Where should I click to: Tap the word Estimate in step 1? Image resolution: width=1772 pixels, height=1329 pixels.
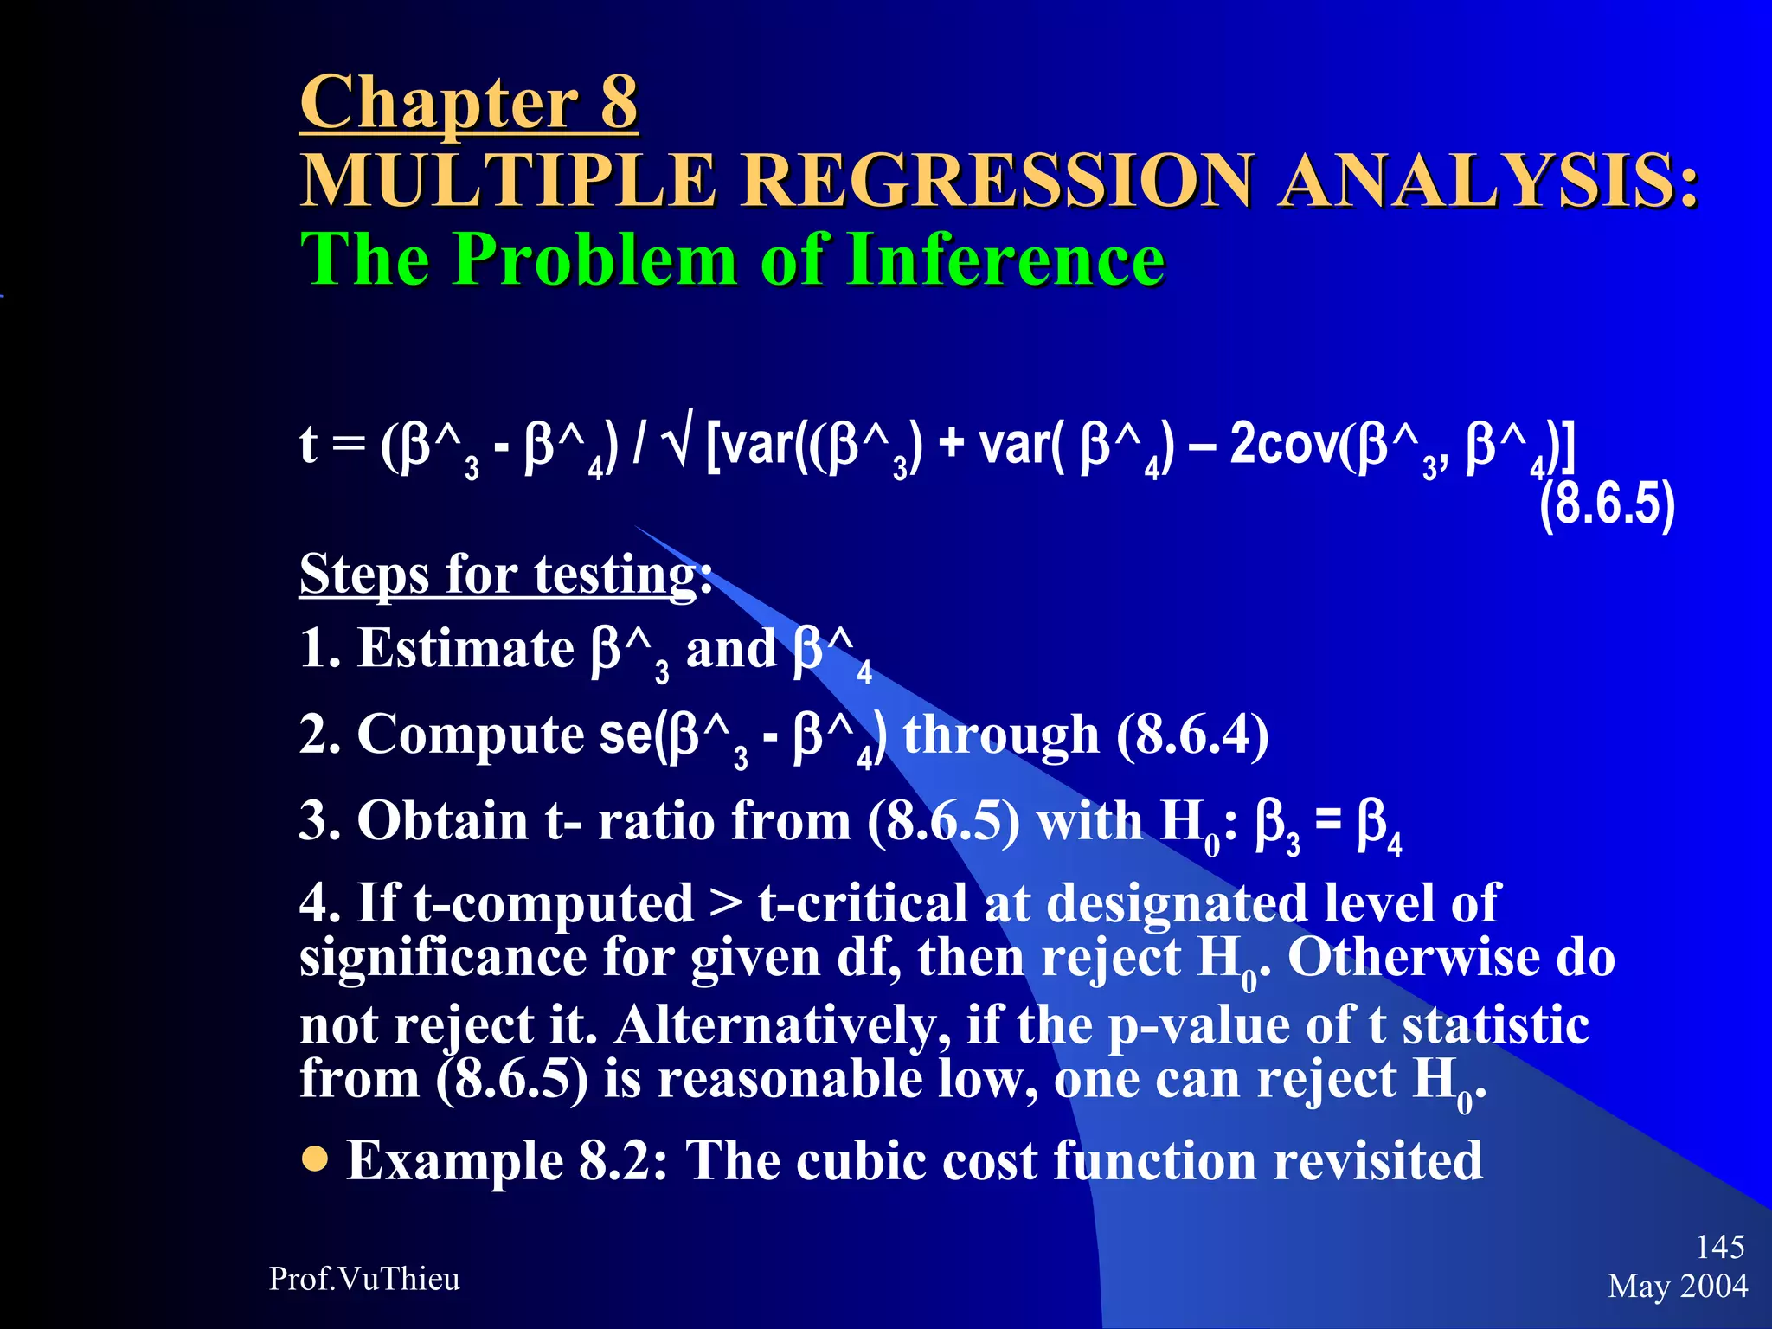(465, 648)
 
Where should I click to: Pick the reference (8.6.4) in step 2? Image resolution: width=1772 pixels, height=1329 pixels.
(1192, 735)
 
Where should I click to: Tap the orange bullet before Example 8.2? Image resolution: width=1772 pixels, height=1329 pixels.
(316, 1159)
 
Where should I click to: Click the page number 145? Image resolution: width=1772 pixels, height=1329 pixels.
(1719, 1247)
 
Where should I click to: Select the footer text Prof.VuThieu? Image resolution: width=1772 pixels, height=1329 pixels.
(364, 1279)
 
